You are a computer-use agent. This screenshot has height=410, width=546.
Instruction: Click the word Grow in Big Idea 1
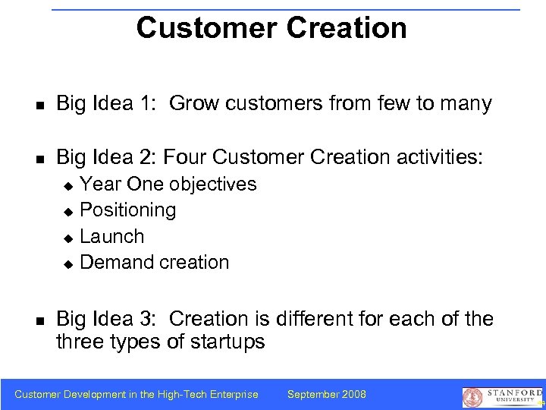[x=196, y=104]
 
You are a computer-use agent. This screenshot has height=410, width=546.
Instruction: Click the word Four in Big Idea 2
[x=185, y=157]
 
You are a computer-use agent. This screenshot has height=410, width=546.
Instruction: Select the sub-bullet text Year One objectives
[x=168, y=184]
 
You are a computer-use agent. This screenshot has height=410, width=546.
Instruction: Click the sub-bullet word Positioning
[x=127, y=210]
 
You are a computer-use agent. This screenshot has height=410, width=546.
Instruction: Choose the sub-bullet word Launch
[x=111, y=236]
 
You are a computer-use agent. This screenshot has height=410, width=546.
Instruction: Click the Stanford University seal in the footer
[x=472, y=397]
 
